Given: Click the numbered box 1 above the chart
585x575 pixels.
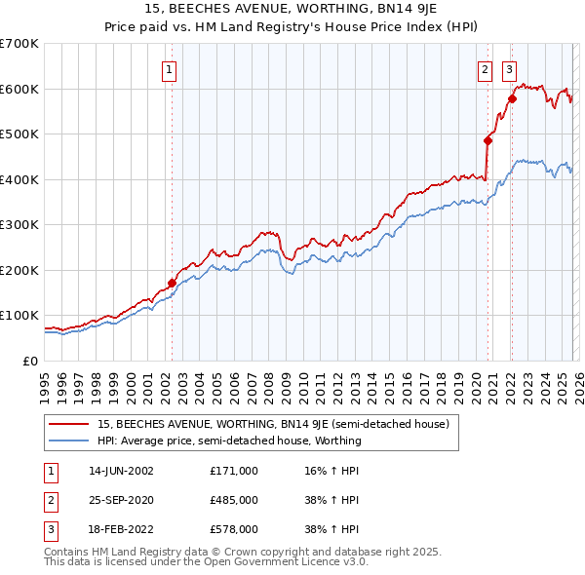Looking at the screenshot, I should point(170,69).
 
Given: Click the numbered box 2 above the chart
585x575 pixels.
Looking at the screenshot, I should point(485,69).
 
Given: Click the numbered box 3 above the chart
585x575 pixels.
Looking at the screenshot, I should point(509,69).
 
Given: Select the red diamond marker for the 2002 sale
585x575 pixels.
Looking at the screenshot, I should point(173,284).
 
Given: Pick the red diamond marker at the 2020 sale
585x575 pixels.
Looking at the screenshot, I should point(487,140).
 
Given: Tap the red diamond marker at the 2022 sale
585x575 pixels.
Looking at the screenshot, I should point(512,98).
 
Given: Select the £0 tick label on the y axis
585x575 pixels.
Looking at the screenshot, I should point(28,361).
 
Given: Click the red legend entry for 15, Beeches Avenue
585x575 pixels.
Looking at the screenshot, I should point(272,424).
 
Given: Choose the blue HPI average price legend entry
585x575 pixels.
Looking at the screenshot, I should point(228,441).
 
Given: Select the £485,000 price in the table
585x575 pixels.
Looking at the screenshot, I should point(234,500).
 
